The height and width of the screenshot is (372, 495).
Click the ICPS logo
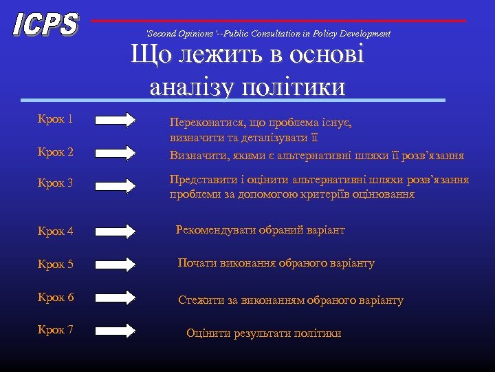[x=45, y=25]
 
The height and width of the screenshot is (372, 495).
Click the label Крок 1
[x=56, y=119]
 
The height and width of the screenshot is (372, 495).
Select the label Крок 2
[x=56, y=152]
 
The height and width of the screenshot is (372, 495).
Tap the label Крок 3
[x=56, y=183]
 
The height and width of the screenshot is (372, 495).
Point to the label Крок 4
[x=56, y=231]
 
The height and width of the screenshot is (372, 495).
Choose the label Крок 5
[x=56, y=264]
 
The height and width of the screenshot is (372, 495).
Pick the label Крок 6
[x=56, y=297]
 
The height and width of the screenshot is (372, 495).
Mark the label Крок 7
[x=56, y=329]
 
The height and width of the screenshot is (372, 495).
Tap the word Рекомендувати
[x=215, y=230]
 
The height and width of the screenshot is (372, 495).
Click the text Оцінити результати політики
[x=264, y=333]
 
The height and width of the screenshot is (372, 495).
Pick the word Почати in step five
[x=197, y=263]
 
